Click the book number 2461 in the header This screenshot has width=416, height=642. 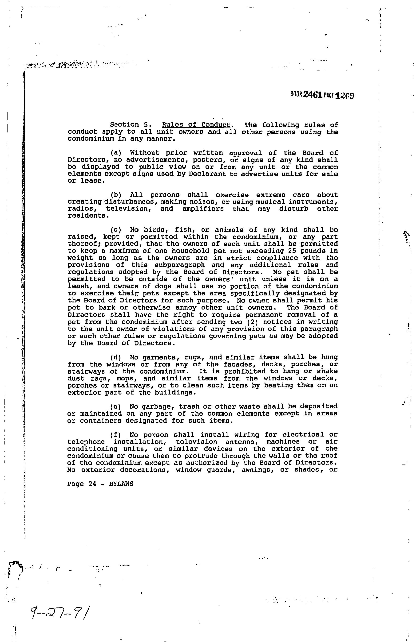(313, 95)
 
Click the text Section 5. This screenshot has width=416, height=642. (129, 125)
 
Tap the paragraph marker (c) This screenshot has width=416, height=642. (116, 230)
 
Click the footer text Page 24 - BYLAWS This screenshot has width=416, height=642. (100, 484)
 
